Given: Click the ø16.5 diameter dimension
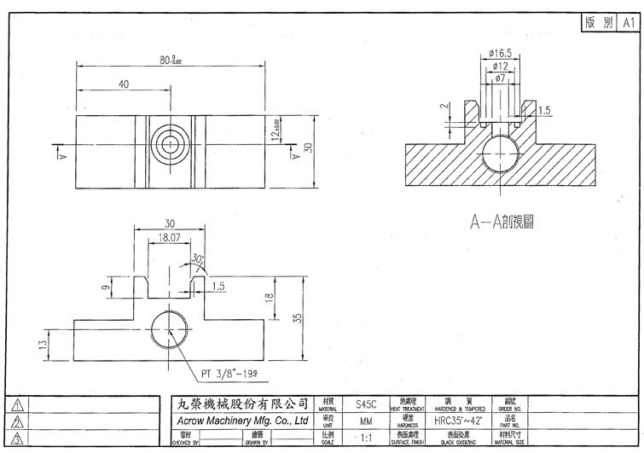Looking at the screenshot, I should [501, 53].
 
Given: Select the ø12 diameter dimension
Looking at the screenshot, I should [501, 66].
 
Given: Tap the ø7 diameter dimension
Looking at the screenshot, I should [501, 78].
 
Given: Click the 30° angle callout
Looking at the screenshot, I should [198, 258].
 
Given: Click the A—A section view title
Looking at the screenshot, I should [507, 222].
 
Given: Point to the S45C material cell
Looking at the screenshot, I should [365, 406].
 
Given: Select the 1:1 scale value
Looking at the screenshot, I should [366, 438].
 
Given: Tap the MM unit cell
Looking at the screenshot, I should [365, 421].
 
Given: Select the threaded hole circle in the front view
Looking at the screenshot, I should [170, 328].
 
